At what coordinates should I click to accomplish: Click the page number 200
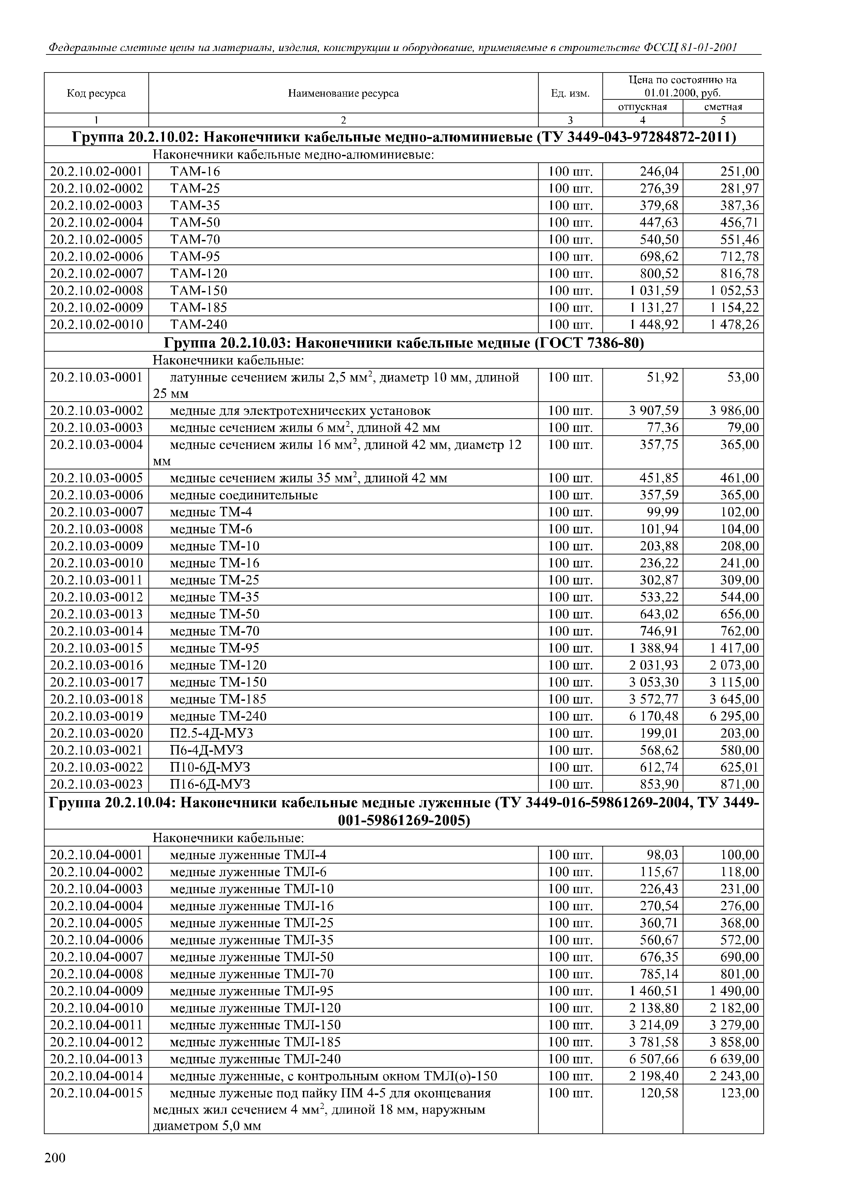pyautogui.click(x=55, y=1158)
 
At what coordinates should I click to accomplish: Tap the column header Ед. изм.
pyautogui.click(x=570, y=94)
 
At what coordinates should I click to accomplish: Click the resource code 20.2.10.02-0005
pyautogui.click(x=96, y=239)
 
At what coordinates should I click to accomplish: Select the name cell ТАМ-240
pyautogui.click(x=199, y=324)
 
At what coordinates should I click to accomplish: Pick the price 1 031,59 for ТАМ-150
pyautogui.click(x=654, y=290)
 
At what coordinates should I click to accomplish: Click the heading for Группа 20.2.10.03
pyautogui.click(x=404, y=343)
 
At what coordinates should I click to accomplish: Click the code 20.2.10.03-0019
pyautogui.click(x=96, y=716)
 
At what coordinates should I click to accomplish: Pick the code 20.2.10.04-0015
pyautogui.click(x=96, y=1093)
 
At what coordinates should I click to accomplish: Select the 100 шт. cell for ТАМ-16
pyautogui.click(x=570, y=171)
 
